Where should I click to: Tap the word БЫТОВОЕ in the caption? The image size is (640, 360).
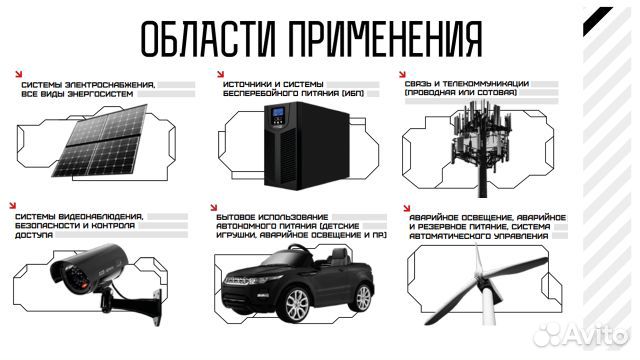(x=240, y=216)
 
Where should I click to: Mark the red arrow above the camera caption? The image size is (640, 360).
(x=16, y=204)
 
